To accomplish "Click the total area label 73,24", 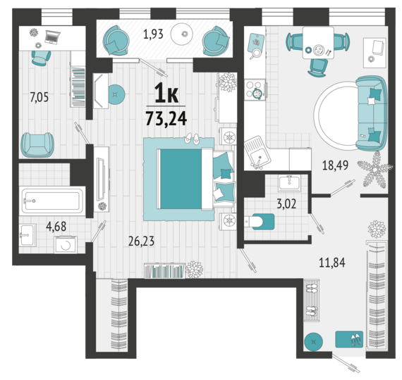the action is tap(166, 119).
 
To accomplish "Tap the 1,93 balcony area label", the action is tap(153, 34).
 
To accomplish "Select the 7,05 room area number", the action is tap(39, 98).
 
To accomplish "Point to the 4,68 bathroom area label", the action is tap(56, 227).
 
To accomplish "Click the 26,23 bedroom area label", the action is tap(141, 241).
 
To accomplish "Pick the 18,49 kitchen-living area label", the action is tap(335, 165).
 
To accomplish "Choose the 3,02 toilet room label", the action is tap(286, 204).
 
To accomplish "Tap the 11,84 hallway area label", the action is tap(332, 262).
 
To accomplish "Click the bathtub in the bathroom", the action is tap(53, 201).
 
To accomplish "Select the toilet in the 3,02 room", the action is tap(259, 222).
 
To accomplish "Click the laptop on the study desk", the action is tap(52, 37).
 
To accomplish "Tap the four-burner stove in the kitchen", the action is tap(255, 89).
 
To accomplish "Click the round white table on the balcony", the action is tap(181, 34).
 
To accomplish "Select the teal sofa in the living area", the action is tap(371, 113).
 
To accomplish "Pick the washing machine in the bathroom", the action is tap(66, 245).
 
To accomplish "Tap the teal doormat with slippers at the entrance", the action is tap(349, 339).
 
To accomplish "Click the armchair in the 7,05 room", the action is tap(37, 144).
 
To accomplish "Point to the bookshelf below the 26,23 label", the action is tap(164, 271).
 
